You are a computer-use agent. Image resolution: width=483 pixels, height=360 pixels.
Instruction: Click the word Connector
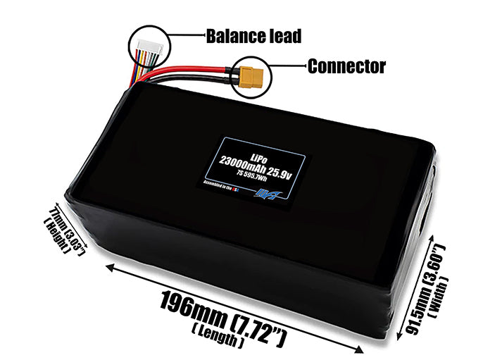[x=346, y=66]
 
